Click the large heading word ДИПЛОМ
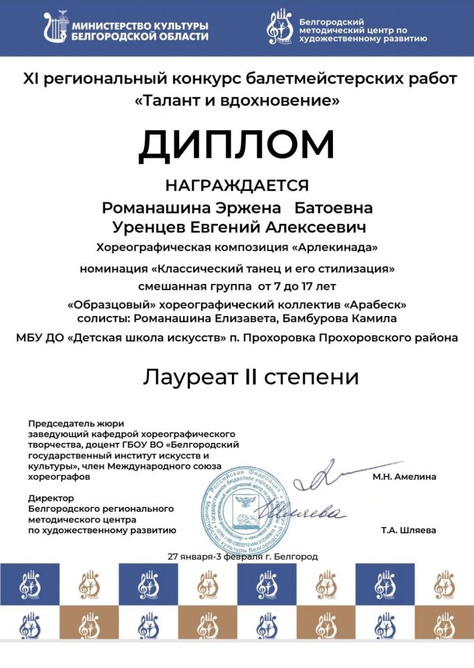237,143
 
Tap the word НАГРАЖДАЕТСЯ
237,185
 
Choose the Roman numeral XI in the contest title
32,79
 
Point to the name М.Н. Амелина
404,476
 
